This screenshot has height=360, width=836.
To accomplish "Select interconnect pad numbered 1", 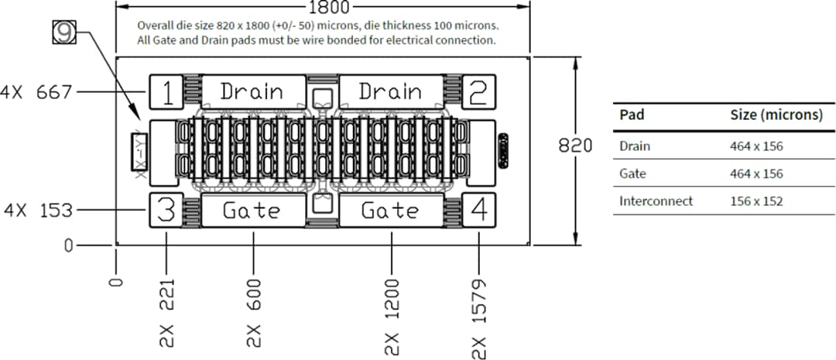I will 166,93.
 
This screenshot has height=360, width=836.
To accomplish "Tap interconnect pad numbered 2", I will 478,93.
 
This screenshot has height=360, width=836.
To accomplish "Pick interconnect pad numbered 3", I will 166,211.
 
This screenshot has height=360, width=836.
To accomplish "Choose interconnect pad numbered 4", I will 478,211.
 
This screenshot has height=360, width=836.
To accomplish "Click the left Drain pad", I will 252,92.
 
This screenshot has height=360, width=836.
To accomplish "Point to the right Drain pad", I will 391,92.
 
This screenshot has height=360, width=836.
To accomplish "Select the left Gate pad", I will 252,210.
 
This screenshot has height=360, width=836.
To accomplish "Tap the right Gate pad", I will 391,210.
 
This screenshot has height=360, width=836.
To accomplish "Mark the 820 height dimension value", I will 576,146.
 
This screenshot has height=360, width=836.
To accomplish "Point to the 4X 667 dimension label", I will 36,92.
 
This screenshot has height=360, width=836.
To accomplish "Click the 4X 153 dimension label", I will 36,210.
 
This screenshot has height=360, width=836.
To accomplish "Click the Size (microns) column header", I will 776,115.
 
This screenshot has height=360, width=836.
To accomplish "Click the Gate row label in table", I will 632,173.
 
